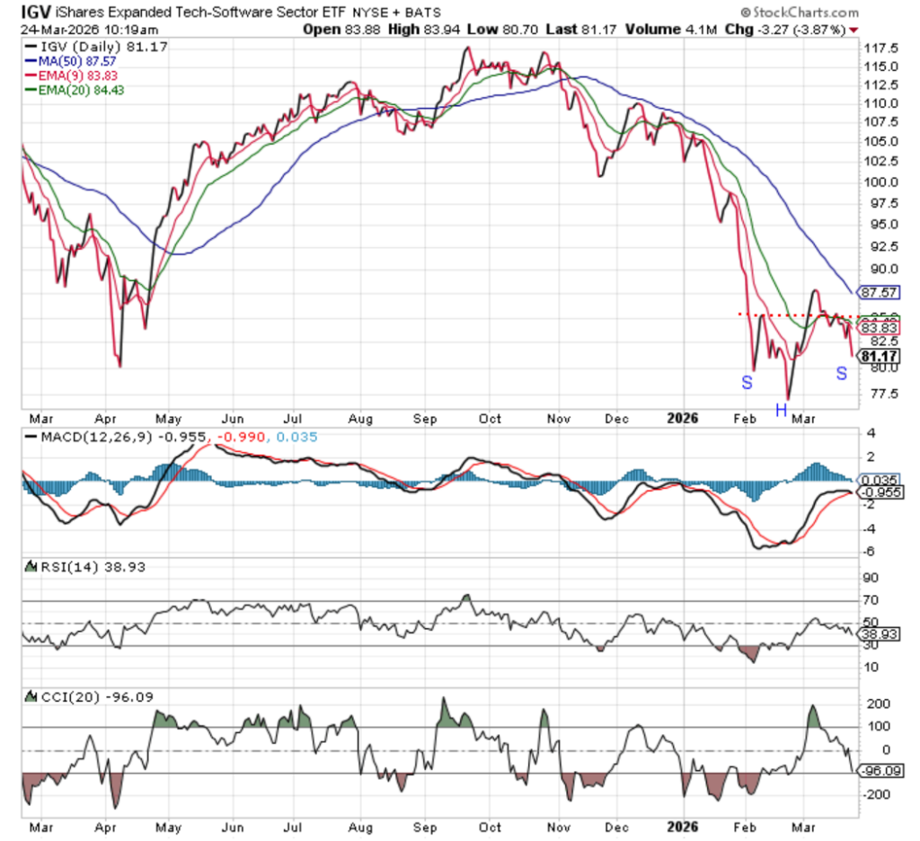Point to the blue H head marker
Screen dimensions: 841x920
tap(782, 411)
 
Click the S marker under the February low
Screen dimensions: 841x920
tap(747, 382)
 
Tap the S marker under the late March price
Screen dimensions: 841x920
tap(842, 372)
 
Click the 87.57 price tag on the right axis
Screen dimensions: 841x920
tap(879, 293)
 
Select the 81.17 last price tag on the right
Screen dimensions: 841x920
tap(879, 356)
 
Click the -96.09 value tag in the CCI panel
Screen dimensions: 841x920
tap(881, 771)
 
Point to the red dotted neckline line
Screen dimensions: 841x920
tap(791, 314)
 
